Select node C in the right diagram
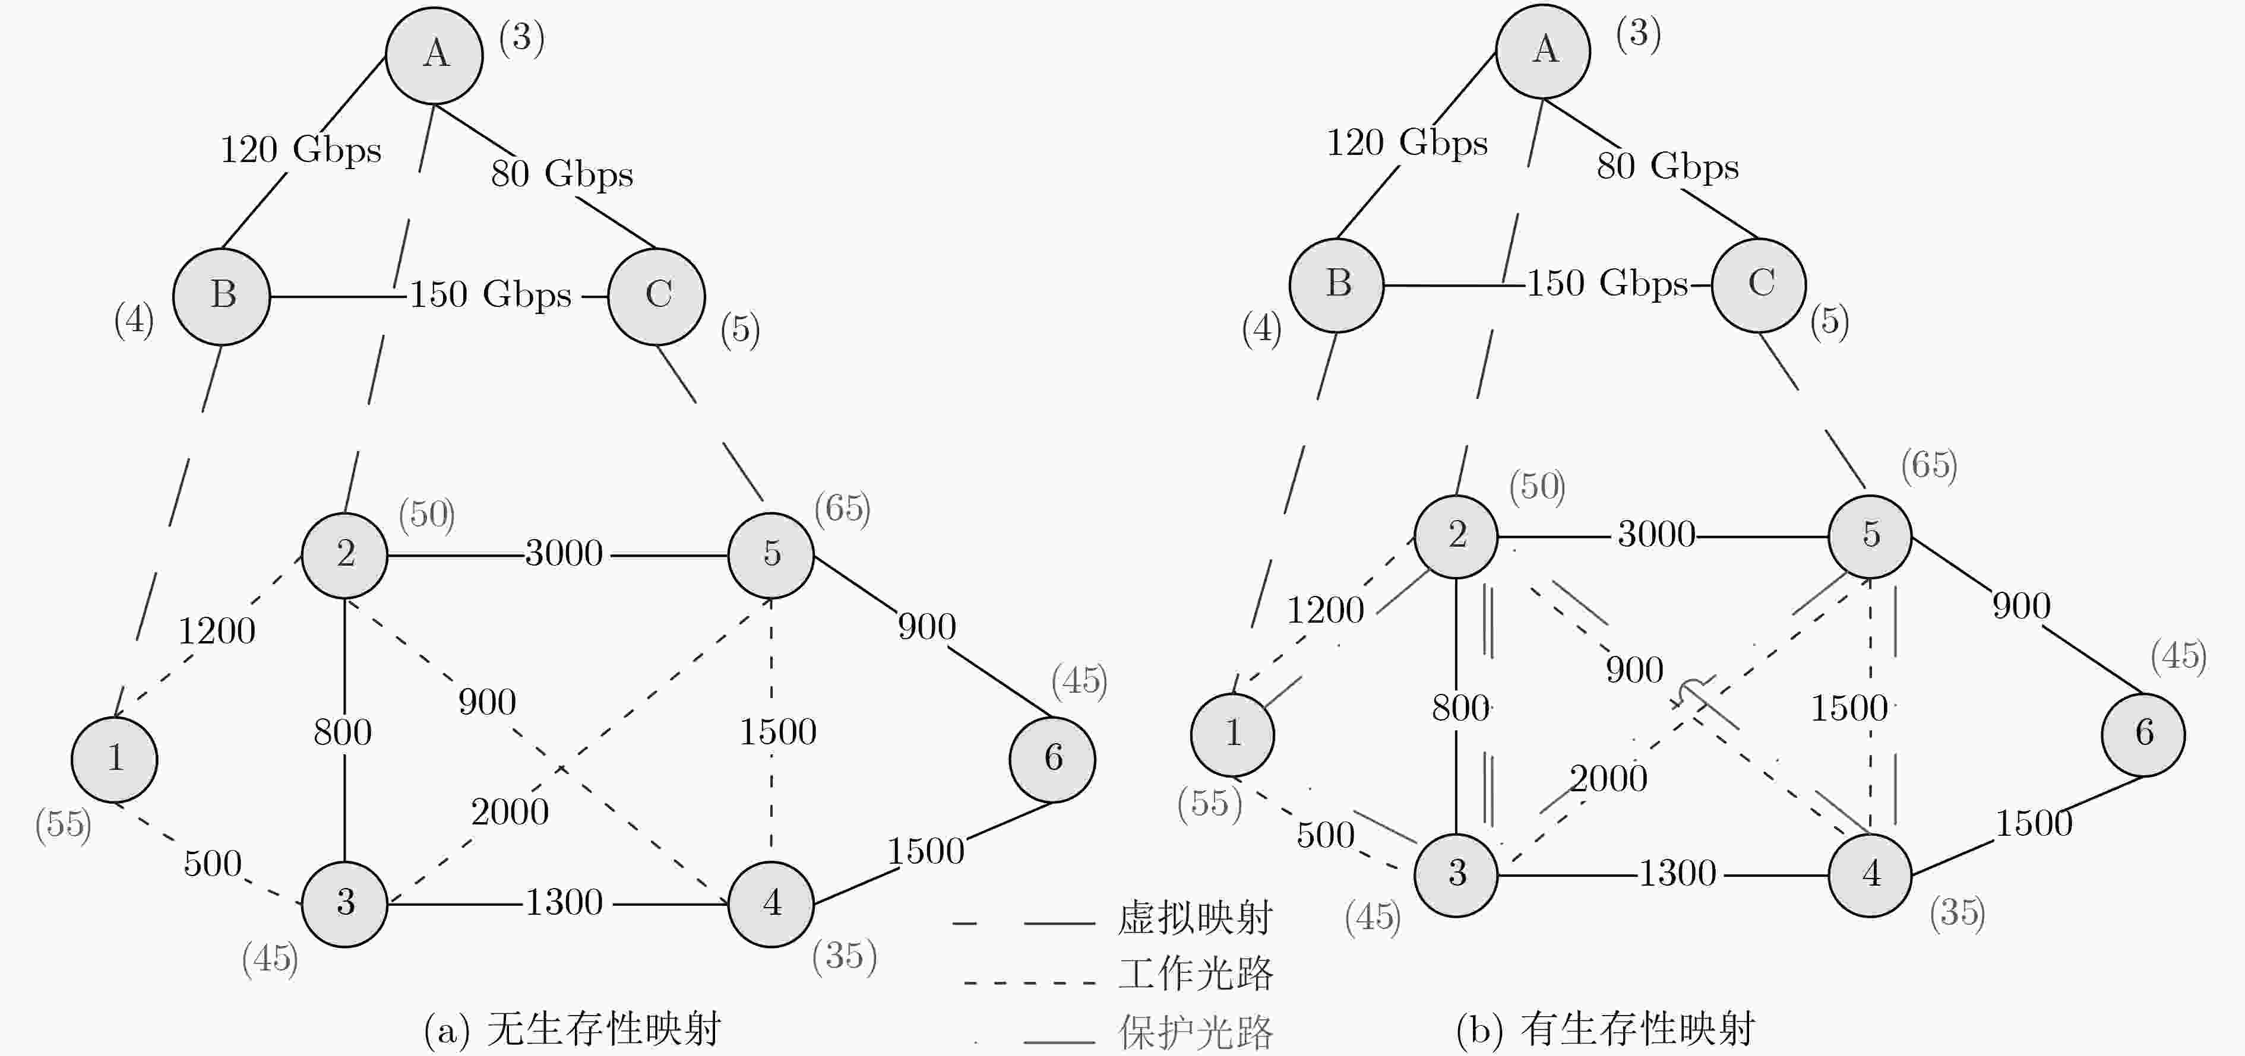coord(1759,285)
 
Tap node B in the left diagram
coord(222,296)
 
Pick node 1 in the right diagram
coord(1232,734)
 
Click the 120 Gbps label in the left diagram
coord(301,150)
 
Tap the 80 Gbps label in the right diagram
coord(1667,166)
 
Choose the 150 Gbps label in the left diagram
coord(491,294)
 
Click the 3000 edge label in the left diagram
coord(564,553)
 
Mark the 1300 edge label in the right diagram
coord(1678,873)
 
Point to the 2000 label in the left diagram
coord(510,812)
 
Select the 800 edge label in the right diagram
coord(1460,708)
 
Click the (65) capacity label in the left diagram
coord(842,509)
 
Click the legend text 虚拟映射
coord(1195,918)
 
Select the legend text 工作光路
coord(1195,974)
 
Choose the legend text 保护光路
coord(1195,1032)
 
